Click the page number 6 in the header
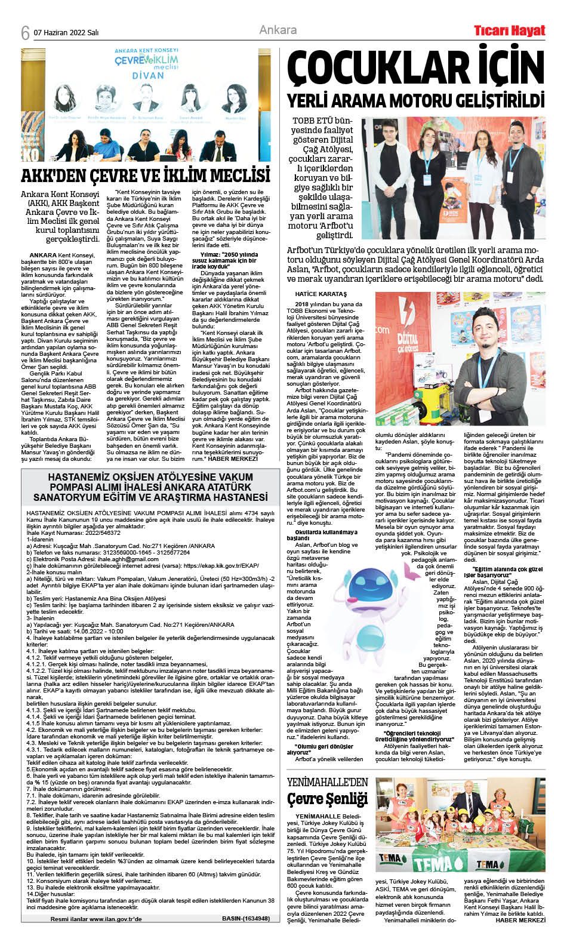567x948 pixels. [x=25, y=32]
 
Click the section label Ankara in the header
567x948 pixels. [x=278, y=30]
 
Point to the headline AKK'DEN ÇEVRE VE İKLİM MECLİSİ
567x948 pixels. [x=146, y=176]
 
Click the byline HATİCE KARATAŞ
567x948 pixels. [x=321, y=294]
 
